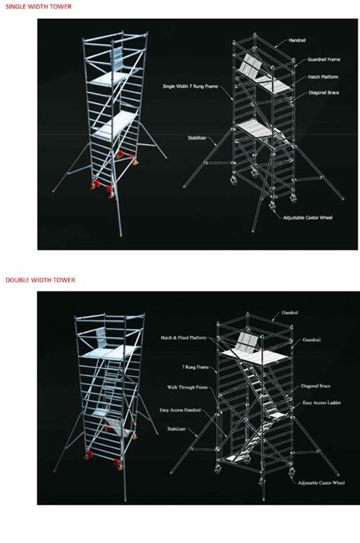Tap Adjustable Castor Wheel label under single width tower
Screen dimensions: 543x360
click(309, 217)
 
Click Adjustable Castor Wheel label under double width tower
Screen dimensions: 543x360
click(318, 481)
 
